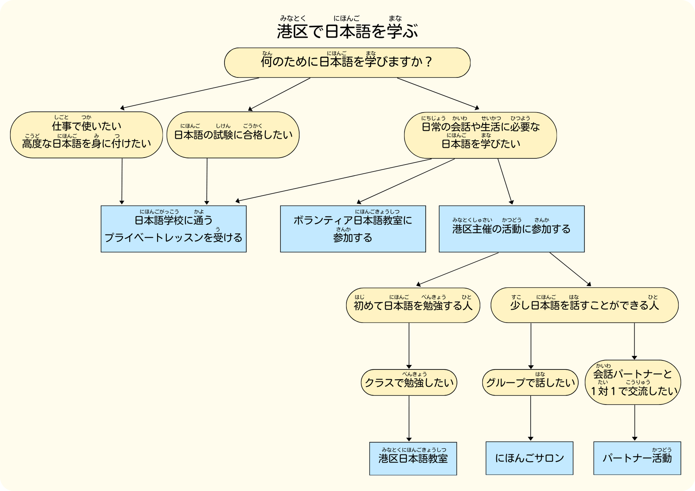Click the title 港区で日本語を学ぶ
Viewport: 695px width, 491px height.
coord(347,31)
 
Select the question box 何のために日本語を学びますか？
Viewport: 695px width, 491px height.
coord(347,63)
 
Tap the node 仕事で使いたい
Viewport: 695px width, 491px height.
coord(87,135)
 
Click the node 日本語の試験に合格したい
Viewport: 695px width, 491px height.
coord(233,135)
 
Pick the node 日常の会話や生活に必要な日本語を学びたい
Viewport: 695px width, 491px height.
coord(480,135)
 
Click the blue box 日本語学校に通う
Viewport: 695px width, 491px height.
coord(173,229)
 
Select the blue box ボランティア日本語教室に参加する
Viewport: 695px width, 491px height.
coord(353,229)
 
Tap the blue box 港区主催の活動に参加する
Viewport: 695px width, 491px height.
coord(512,229)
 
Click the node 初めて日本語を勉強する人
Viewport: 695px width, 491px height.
coord(413,305)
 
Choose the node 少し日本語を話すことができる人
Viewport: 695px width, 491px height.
coord(584,305)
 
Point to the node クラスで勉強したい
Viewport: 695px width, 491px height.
coord(409,382)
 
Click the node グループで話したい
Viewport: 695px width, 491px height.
coord(530,382)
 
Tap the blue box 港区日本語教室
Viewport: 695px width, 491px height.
coord(413,458)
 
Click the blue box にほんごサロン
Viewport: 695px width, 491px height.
coord(529,458)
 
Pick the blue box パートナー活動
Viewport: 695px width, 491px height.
coord(637,458)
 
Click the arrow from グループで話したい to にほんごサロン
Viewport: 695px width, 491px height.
coord(531,418)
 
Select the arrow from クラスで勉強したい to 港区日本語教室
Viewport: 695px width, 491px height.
coord(409,418)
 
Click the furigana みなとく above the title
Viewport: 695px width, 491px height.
coord(293,18)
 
